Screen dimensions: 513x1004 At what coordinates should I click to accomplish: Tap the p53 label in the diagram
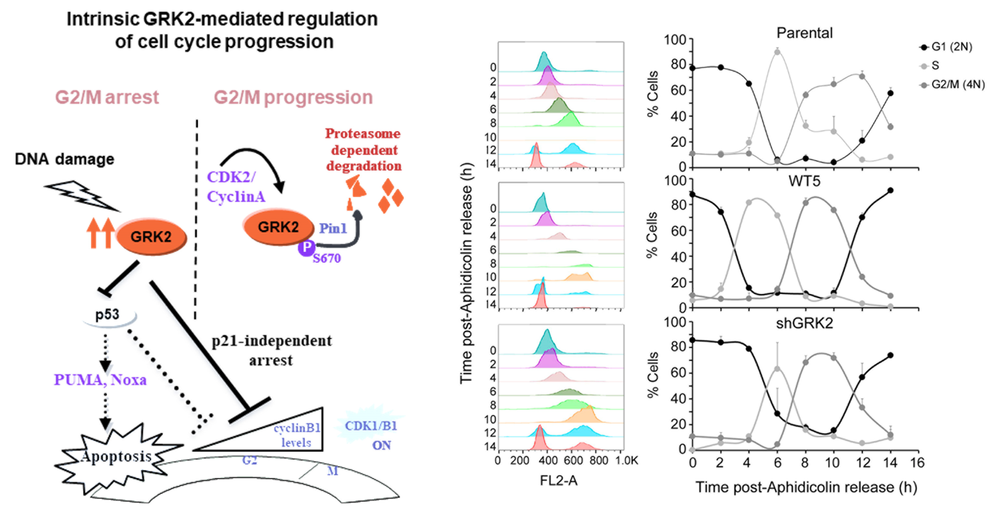107,314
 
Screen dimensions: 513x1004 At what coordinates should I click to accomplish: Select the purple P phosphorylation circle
307,247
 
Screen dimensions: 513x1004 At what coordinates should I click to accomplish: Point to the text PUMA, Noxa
100,380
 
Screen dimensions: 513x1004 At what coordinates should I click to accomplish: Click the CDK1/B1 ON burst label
371,434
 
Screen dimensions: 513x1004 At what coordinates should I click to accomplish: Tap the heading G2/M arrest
107,97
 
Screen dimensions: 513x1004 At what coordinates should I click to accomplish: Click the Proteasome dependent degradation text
363,150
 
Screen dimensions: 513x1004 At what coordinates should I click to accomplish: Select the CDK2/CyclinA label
235,187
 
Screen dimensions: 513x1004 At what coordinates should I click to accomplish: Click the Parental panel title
804,33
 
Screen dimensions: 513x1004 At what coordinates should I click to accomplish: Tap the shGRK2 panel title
804,323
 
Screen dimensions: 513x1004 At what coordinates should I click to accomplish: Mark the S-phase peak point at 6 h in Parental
777,52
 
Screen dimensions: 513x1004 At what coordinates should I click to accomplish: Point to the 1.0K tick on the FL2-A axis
627,461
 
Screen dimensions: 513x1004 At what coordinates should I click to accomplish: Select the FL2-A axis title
559,481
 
